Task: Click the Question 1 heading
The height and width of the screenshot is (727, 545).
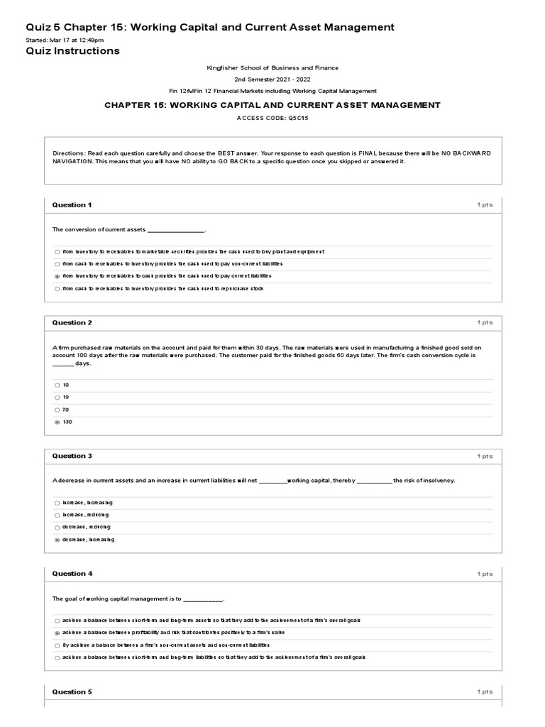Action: (x=72, y=205)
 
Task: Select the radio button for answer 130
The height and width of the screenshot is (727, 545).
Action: (x=57, y=422)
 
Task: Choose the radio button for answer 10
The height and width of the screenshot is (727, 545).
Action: (x=57, y=385)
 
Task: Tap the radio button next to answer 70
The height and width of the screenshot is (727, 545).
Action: (x=57, y=410)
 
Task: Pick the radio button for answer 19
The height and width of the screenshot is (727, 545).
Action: (x=57, y=398)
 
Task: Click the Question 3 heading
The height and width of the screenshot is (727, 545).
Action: (x=72, y=456)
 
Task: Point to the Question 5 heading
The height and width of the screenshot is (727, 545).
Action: (x=72, y=692)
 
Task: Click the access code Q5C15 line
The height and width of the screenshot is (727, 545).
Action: (x=272, y=119)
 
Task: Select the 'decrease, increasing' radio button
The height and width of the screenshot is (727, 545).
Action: (x=57, y=540)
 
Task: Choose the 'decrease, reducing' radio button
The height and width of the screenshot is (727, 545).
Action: (x=57, y=528)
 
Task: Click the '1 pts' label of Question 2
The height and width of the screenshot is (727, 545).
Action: (x=485, y=322)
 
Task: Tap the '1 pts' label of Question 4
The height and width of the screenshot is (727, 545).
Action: (x=485, y=574)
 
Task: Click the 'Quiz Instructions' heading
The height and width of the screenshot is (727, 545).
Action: (x=72, y=51)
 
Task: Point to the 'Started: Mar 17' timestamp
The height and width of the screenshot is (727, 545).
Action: (x=65, y=40)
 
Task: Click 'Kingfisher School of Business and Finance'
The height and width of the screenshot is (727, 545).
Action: (x=272, y=68)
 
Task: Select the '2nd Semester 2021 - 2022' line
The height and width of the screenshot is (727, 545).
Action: (x=272, y=80)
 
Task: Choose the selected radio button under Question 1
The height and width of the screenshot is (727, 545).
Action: (x=57, y=276)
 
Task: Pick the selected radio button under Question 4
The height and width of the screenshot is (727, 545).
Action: (x=57, y=633)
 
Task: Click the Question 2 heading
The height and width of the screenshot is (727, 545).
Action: (x=72, y=322)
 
